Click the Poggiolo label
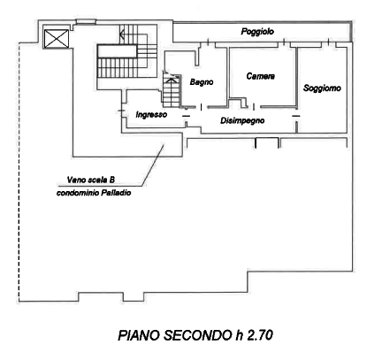257,32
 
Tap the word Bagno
202,82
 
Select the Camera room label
261,76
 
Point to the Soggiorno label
322,88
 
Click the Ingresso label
151,114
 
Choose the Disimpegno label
242,120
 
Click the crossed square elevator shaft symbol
56,39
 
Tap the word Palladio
116,193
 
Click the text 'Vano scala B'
91,180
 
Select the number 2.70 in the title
260,335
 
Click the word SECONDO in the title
197,335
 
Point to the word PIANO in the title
139,335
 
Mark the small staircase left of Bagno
172,90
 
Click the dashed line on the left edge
19,172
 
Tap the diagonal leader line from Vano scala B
153,165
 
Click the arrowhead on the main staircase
122,34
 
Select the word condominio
78,193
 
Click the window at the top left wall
86,21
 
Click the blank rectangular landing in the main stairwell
118,51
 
